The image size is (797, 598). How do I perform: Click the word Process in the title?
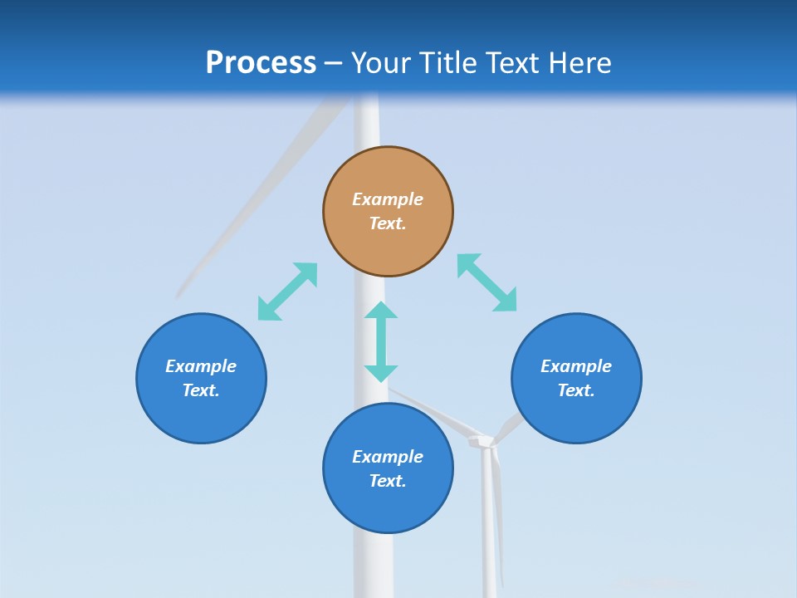click(x=261, y=63)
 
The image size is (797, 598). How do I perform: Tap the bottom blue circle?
click(x=388, y=507)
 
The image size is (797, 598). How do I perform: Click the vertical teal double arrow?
click(x=381, y=341)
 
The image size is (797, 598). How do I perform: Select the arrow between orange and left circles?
click(x=287, y=292)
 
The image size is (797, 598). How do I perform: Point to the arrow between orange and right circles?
click(x=487, y=282)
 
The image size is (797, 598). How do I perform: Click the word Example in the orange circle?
click(x=388, y=199)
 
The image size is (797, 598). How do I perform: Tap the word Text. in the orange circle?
click(x=388, y=223)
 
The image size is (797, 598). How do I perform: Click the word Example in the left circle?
click(x=201, y=366)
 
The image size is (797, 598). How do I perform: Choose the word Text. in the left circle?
click(x=201, y=390)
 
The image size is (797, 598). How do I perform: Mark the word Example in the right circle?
click(x=576, y=366)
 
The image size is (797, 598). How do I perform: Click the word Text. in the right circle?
click(x=576, y=390)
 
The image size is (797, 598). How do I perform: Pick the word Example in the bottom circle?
click(x=388, y=457)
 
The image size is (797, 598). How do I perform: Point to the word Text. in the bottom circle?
click(x=388, y=481)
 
